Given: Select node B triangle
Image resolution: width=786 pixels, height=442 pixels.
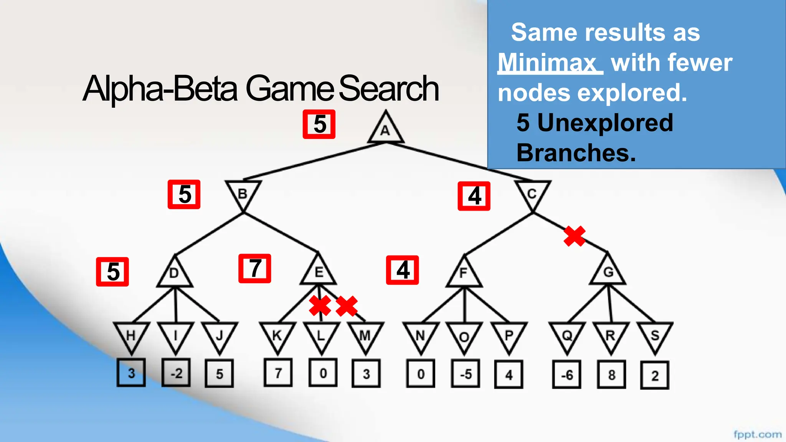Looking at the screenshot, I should (x=243, y=194).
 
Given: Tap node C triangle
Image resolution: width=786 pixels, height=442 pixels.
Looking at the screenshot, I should (x=532, y=194).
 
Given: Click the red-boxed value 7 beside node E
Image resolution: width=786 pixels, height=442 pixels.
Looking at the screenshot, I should (x=255, y=269).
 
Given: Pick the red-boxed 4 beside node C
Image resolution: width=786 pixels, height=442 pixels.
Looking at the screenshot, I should (x=474, y=196).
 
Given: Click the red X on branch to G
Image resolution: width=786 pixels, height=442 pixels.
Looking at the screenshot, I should (x=575, y=236).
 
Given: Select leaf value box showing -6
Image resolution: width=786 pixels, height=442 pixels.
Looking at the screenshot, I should (x=567, y=374).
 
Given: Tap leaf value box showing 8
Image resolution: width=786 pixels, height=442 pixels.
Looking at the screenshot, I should (x=611, y=374).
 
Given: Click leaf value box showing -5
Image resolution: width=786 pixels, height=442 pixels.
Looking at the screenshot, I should (x=466, y=374).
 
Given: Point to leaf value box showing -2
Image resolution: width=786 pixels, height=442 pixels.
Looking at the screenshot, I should (x=176, y=373).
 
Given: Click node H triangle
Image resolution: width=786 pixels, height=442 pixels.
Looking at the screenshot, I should (x=131, y=336).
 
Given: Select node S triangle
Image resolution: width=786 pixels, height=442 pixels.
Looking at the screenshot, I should (x=655, y=336).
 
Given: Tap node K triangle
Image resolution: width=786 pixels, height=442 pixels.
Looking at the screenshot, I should (x=277, y=336).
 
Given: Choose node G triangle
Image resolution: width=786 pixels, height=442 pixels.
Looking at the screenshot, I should (x=608, y=272).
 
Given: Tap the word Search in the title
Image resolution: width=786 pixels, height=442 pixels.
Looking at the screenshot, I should (x=388, y=89).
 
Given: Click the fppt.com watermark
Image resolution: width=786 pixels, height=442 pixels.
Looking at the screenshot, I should (x=757, y=434).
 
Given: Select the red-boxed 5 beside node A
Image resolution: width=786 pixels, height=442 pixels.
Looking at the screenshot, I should (x=319, y=124).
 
